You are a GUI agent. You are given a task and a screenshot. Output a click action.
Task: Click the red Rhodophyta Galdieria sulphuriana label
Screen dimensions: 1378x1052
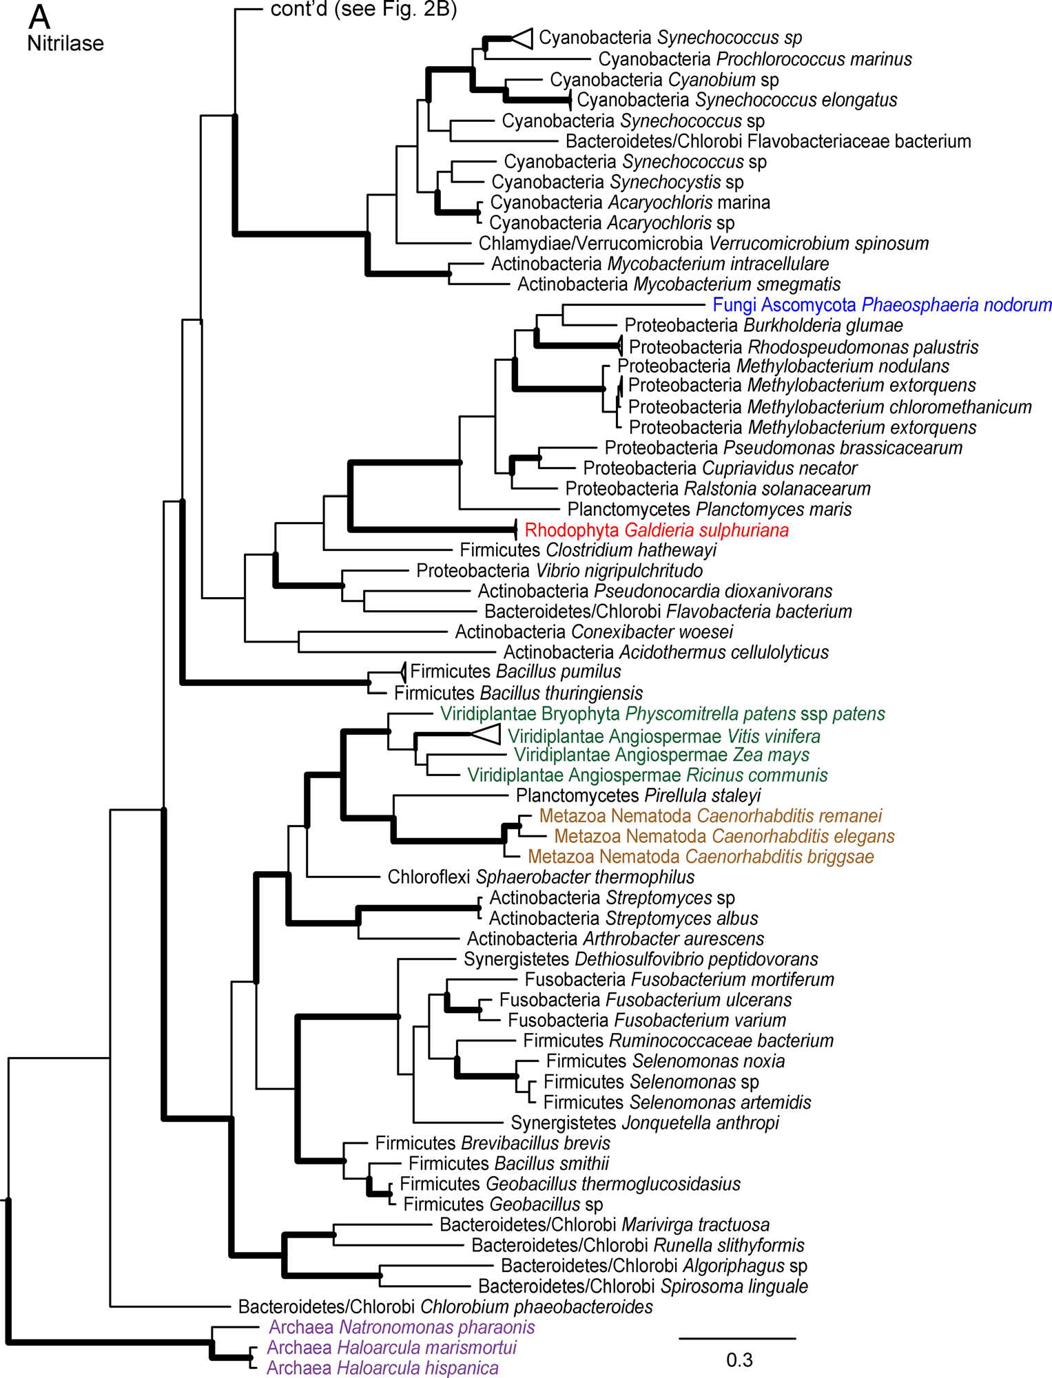[657, 530]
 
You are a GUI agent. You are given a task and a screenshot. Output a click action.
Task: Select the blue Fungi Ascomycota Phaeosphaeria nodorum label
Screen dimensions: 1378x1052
[882, 305]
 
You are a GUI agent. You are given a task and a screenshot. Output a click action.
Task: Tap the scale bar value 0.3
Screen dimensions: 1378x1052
[739, 1360]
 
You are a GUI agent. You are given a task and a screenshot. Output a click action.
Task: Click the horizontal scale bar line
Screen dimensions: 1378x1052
[737, 1338]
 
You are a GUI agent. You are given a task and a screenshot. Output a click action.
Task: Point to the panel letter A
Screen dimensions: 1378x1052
[40, 17]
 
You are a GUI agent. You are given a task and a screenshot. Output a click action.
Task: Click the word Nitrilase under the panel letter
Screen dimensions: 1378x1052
[65, 43]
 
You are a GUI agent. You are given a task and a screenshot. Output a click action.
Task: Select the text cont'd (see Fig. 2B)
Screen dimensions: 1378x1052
[364, 9]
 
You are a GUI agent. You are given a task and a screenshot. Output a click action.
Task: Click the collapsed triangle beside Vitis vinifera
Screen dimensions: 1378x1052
[486, 734]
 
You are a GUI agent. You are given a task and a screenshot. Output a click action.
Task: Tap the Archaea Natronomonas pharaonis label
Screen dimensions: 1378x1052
[402, 1327]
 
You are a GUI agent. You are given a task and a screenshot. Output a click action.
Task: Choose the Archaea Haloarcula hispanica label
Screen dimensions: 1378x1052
[382, 1368]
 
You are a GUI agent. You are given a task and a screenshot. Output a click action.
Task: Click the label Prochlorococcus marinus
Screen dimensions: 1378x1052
[755, 59]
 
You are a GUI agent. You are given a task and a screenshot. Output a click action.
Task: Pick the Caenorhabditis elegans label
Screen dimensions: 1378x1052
[724, 836]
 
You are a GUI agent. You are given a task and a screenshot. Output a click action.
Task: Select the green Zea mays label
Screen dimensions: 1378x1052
[661, 755]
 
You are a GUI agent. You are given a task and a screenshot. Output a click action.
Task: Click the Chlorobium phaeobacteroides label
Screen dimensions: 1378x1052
[445, 1306]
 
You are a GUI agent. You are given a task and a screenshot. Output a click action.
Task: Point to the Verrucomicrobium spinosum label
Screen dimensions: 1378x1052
[703, 243]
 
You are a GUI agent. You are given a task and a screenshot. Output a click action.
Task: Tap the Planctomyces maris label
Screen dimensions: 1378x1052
[710, 509]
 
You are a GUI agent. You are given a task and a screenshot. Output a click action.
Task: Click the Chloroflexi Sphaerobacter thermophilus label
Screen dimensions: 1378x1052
[541, 877]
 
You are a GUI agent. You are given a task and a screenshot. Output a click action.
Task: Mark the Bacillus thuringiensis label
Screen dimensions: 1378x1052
[518, 693]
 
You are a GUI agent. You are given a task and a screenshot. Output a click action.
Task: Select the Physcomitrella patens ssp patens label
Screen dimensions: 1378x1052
[663, 713]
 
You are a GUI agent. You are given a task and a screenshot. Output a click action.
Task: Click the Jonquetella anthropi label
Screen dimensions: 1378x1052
[645, 1123]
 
